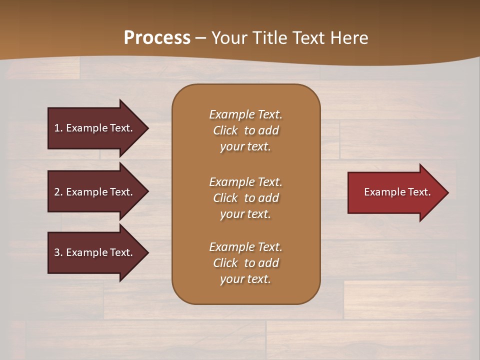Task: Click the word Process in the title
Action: (157, 38)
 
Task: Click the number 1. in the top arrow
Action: (58, 128)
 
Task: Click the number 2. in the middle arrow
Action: (58, 192)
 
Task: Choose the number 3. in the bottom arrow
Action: (58, 252)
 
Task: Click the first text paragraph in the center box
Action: (245, 130)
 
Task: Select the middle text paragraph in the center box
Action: (245, 198)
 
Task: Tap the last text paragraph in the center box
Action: (245, 263)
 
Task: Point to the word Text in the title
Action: (308, 38)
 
